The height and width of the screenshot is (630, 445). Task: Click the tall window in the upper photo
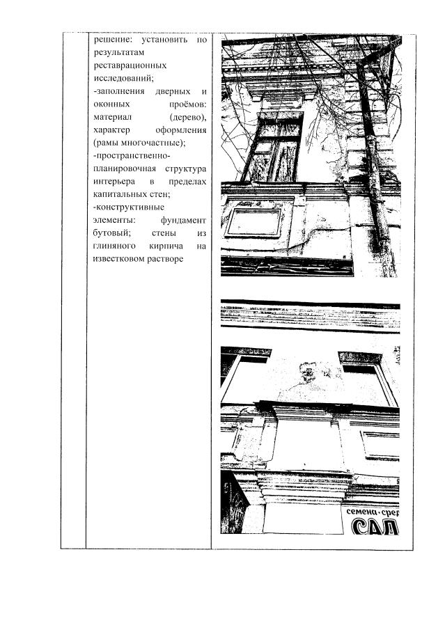pos(274,148)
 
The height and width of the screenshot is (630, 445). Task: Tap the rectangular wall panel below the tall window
pos(254,221)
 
